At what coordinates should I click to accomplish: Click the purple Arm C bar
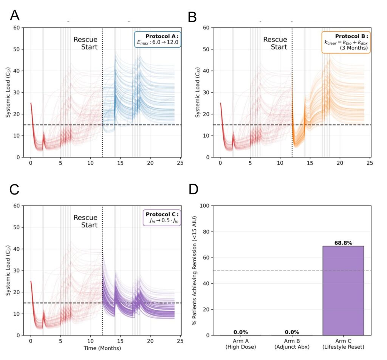coord(343,290)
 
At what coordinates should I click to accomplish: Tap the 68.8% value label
coord(343,243)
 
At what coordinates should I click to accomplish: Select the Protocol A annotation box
coord(158,39)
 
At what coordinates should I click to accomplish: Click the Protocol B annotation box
coord(346,42)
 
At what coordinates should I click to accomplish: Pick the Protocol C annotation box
coord(162,217)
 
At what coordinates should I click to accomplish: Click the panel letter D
coord(193,189)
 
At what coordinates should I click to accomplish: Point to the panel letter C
coord(14,190)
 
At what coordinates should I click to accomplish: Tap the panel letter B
coord(192,17)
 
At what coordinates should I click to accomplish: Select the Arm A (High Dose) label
coord(241,344)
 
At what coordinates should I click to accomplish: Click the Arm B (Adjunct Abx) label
coord(292,344)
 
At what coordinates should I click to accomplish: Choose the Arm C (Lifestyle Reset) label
coord(343,344)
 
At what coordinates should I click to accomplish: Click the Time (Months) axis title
coord(102,348)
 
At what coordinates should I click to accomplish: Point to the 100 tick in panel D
coord(204,206)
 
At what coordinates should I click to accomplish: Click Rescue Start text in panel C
coord(85,221)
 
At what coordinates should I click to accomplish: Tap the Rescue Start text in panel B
coord(275,43)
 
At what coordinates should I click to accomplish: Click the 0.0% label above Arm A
coord(241,332)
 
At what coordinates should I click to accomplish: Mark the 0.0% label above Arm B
coord(292,332)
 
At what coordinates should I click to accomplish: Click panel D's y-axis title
coord(195,270)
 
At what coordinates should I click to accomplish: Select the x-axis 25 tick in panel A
coord(180,163)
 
